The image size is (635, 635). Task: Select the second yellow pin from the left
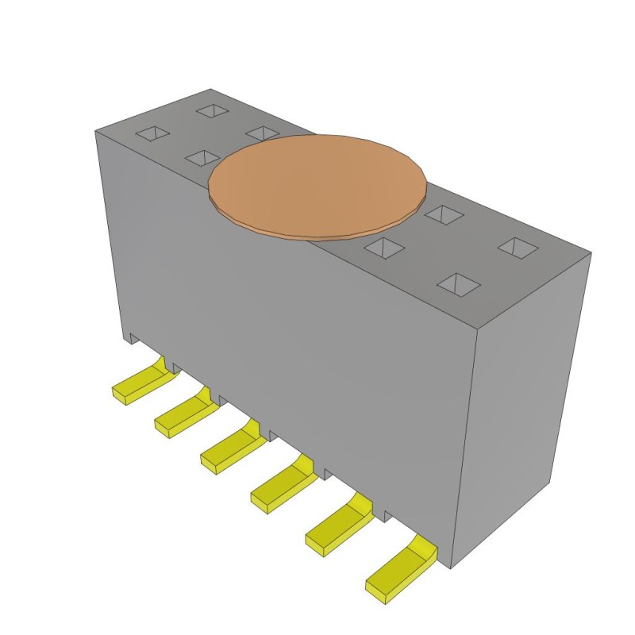pyautogui.click(x=183, y=414)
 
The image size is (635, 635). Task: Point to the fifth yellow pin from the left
pyautogui.click(x=337, y=523)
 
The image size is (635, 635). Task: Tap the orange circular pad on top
pyautogui.click(x=317, y=186)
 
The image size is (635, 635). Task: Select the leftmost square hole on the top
pyautogui.click(x=152, y=134)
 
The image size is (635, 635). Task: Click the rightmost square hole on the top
pyautogui.click(x=517, y=247)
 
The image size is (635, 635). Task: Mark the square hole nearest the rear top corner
pyautogui.click(x=212, y=110)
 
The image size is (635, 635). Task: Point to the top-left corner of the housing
pyautogui.click(x=95, y=129)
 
